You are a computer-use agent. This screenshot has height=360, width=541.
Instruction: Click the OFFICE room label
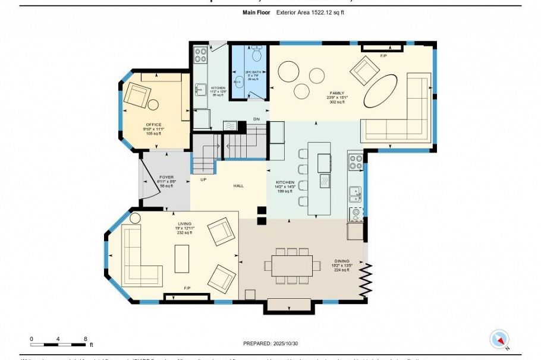(154, 124)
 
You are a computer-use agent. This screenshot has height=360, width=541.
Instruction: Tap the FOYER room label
(166, 177)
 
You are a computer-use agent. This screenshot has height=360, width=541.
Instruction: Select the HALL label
(238, 186)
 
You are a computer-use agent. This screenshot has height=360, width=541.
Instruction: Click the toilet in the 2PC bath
(257, 55)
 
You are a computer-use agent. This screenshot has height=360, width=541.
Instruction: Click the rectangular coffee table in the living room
(181, 258)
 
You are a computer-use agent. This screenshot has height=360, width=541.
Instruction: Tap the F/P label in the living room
(187, 288)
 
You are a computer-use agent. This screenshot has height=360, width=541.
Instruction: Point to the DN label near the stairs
(256, 119)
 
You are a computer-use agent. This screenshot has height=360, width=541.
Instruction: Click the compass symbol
(499, 340)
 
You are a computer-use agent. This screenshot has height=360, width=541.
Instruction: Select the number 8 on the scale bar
(86, 339)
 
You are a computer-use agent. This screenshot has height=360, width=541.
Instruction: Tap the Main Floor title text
(257, 12)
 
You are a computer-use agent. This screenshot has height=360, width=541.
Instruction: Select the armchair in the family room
(364, 71)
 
